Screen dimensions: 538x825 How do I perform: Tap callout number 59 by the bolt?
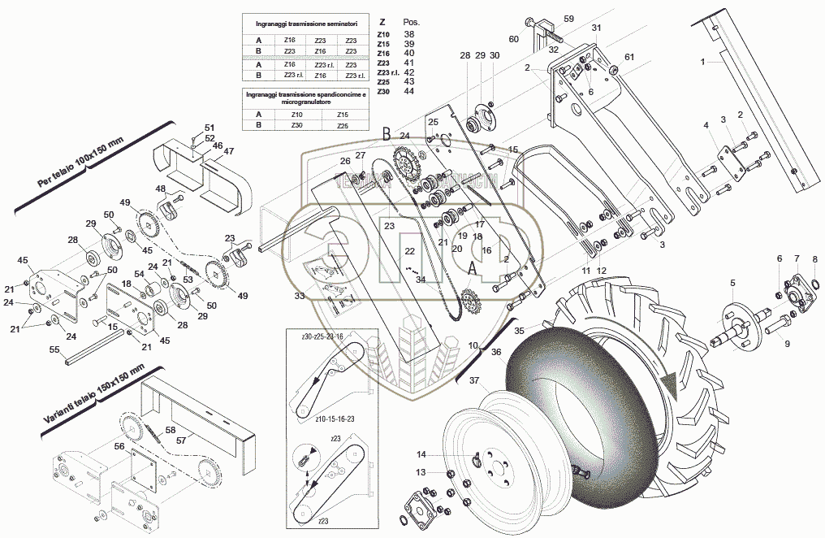568,18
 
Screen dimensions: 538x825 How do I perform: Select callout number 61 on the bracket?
629,57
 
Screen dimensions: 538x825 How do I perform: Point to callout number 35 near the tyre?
519,331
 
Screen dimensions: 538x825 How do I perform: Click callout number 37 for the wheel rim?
473,381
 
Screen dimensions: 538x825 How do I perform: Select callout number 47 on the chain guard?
229,151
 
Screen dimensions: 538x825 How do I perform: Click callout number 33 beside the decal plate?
299,296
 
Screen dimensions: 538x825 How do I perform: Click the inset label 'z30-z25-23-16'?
322,335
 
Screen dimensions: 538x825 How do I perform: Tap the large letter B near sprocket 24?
387,134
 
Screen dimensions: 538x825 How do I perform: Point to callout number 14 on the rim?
444,454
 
